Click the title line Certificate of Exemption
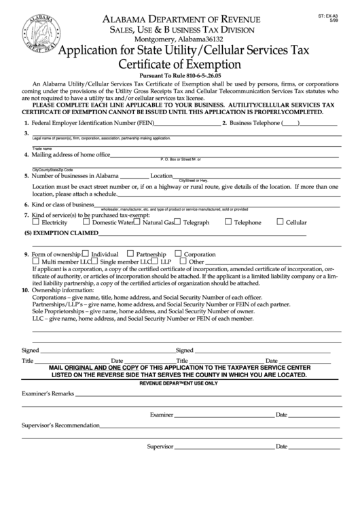[x=179, y=64]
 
